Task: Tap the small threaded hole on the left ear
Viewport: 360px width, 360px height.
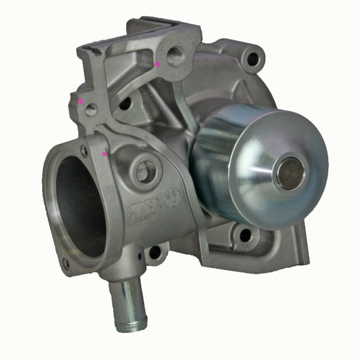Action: coord(91,109)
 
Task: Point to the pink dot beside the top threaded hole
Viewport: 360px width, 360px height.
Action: coord(159,64)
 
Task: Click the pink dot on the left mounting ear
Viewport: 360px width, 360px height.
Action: coord(81,101)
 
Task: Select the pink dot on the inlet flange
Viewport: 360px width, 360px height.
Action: coord(105,154)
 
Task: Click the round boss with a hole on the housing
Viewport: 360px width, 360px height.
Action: coord(144,170)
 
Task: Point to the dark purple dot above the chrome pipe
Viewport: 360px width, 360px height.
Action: coord(140,256)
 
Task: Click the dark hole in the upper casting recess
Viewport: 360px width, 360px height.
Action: coord(125,105)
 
